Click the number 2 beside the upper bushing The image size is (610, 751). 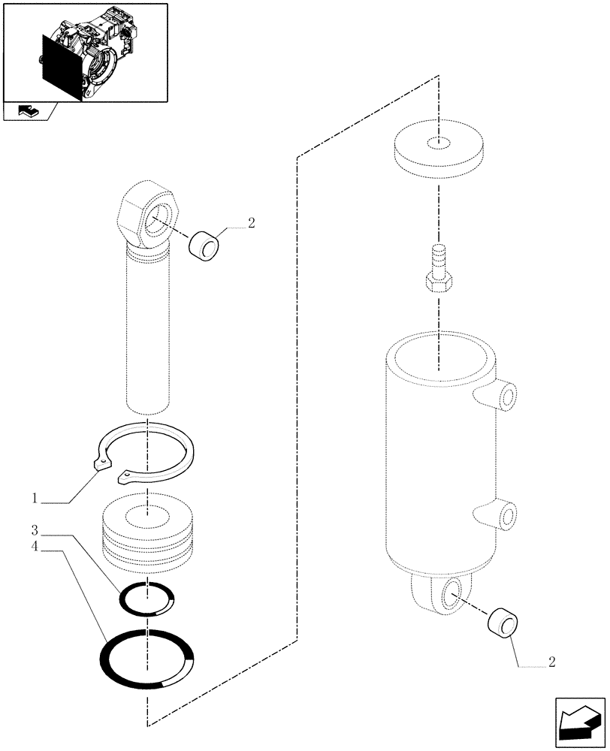[251, 222]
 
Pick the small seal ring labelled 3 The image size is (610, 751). [148, 599]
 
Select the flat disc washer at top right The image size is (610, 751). [436, 151]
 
